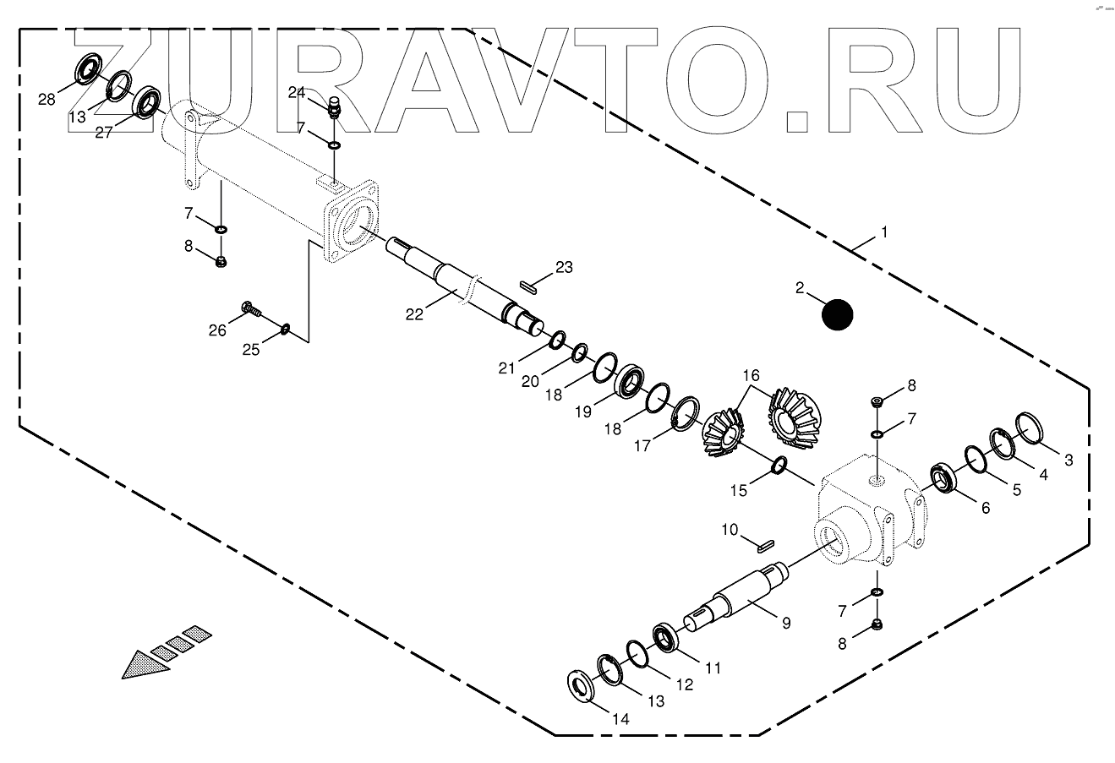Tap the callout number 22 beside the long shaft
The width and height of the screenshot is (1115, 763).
[x=414, y=314]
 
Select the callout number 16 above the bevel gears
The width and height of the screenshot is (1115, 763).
[x=752, y=374]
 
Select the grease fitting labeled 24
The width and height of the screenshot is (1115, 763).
[x=333, y=108]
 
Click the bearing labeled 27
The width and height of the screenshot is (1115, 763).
[x=149, y=101]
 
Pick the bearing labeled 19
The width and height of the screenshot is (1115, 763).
[x=628, y=382]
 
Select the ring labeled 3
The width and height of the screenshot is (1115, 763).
[x=1030, y=428]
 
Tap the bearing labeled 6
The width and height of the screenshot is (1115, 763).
[x=943, y=478]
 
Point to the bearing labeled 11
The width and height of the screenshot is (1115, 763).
[x=779, y=466]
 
